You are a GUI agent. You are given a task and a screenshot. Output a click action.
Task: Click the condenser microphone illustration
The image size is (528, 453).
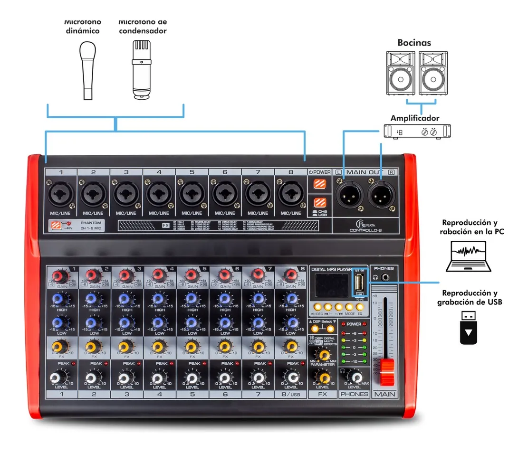(142, 68)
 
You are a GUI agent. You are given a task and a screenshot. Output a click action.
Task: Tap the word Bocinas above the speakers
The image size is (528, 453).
(414, 43)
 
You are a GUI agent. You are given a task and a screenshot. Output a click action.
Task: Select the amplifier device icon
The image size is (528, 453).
(417, 132)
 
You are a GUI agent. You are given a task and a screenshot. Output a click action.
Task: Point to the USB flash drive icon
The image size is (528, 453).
(469, 327)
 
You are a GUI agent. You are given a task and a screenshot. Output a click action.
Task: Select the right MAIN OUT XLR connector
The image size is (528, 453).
(383, 194)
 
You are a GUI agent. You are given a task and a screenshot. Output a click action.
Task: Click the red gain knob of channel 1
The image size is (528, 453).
(60, 276)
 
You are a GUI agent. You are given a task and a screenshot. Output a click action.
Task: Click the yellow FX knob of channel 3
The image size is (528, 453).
(125, 347)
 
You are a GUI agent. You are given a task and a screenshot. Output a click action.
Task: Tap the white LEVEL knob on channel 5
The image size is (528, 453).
(192, 377)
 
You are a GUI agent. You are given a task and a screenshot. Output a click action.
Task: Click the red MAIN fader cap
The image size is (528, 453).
(388, 371)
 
